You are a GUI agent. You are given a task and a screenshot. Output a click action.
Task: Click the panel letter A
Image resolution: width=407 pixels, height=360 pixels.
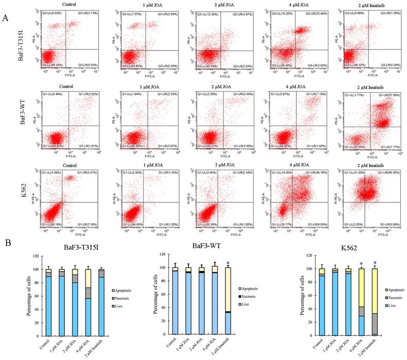[5, 18]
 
